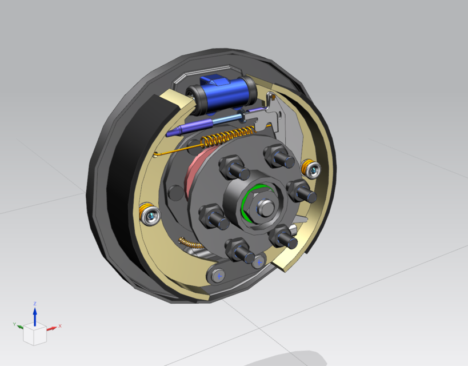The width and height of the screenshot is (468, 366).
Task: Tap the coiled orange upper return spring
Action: (228, 137)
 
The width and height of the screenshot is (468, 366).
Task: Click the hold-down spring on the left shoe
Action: (149, 214)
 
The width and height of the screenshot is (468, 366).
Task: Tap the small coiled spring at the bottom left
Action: (189, 243)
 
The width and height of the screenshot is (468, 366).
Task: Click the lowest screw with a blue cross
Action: (218, 276)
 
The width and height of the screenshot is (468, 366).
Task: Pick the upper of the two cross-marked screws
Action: (259, 262)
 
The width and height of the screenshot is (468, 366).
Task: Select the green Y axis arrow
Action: (21, 327)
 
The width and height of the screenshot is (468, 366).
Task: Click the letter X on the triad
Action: (59, 325)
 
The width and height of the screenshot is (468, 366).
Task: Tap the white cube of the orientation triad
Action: (34, 334)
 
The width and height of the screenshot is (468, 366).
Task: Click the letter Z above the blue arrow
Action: (35, 304)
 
